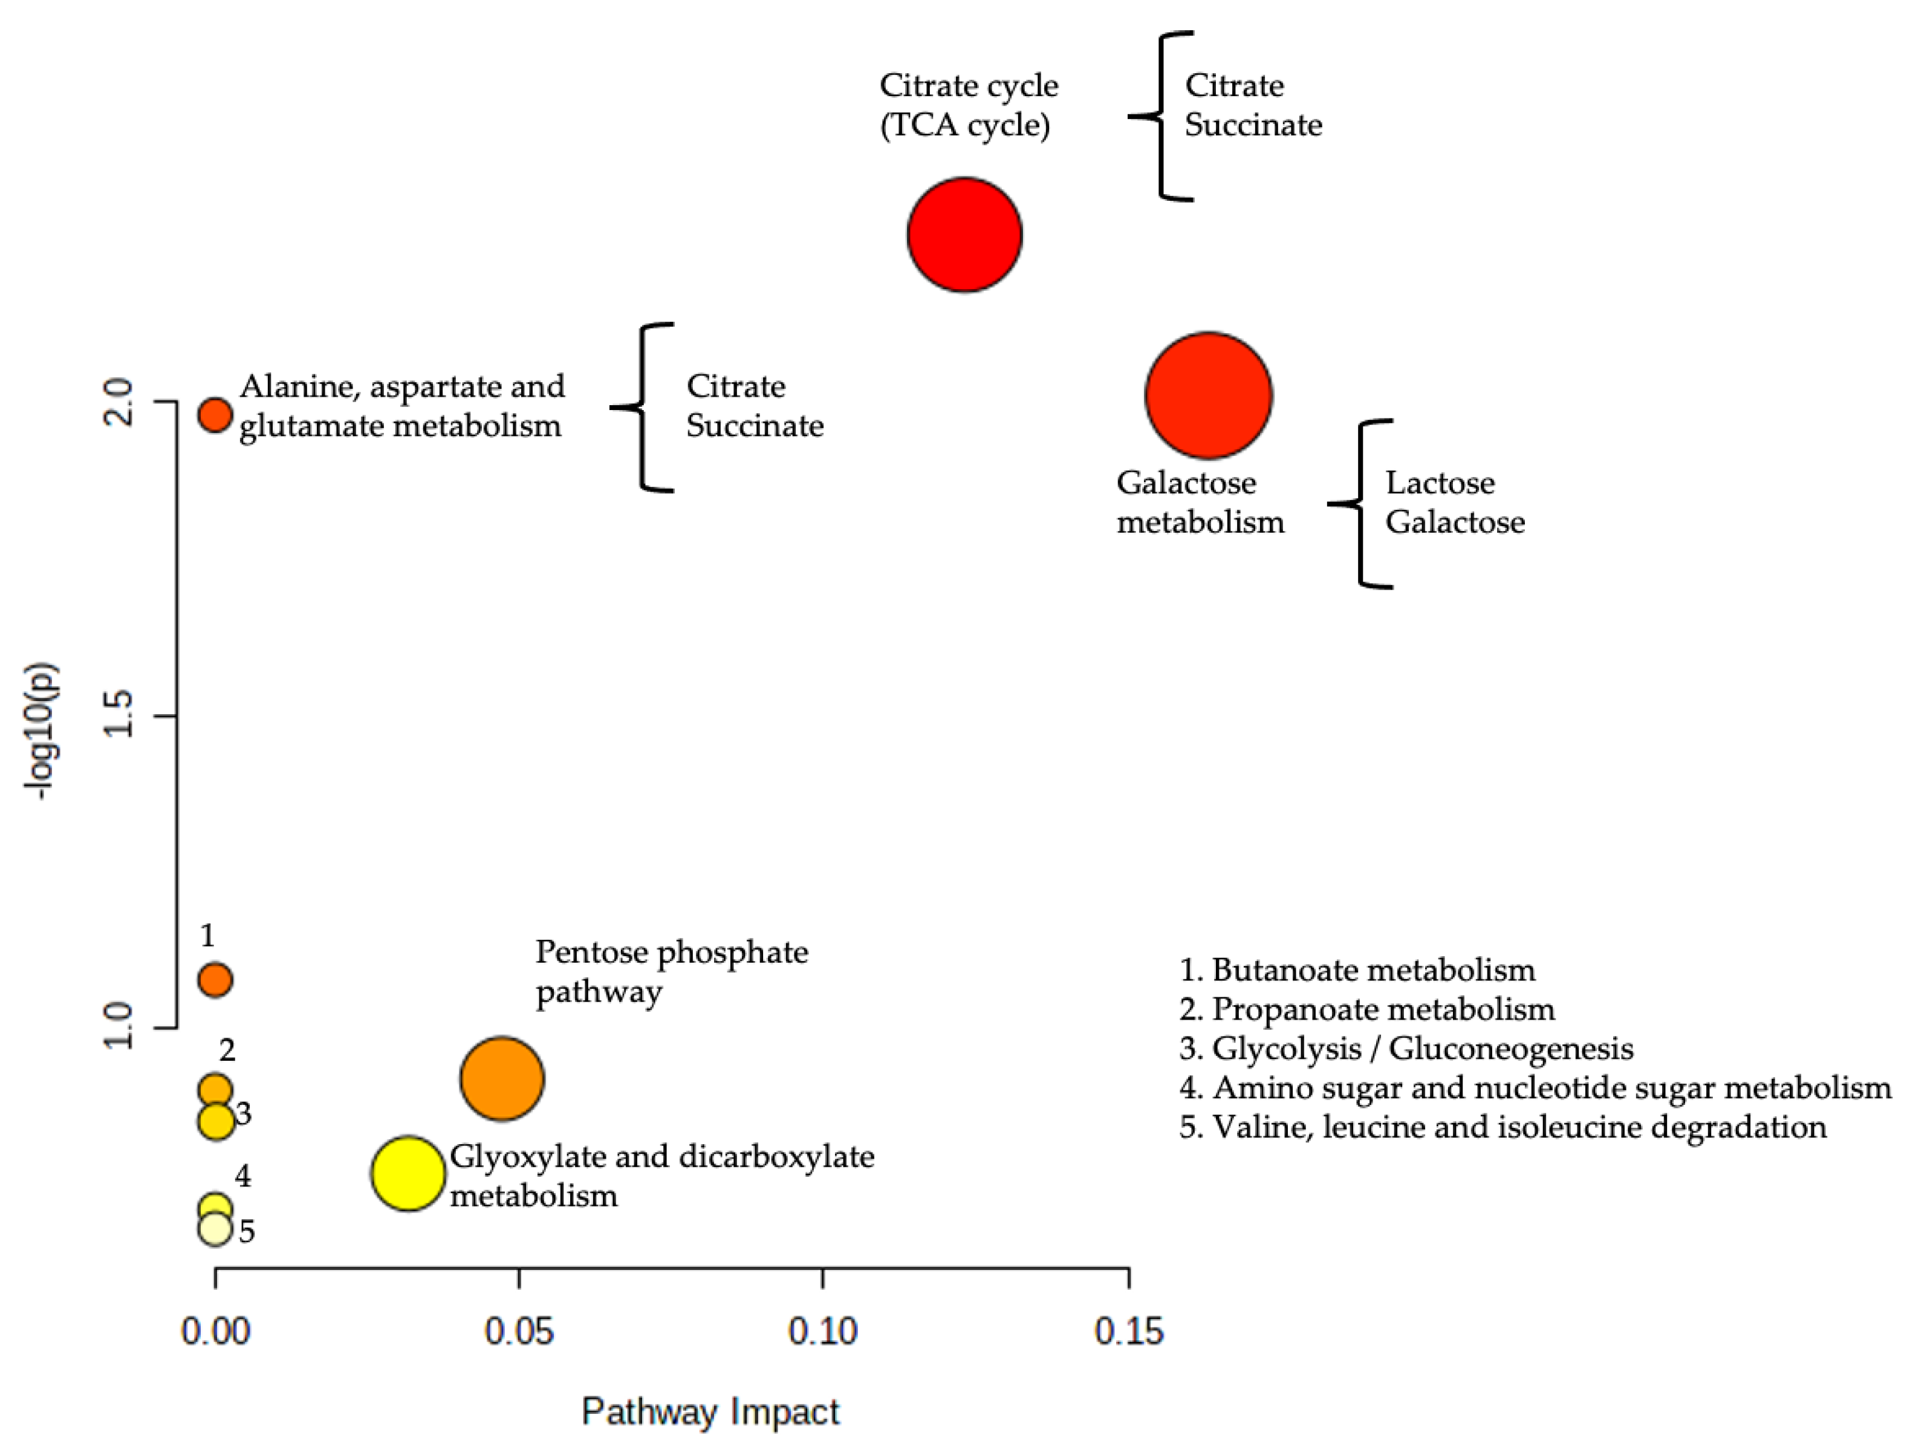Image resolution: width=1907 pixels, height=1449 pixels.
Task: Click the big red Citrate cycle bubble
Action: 965,235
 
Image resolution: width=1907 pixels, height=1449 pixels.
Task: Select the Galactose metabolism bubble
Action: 1208,395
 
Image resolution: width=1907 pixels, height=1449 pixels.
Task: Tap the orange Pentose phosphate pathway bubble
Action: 502,1078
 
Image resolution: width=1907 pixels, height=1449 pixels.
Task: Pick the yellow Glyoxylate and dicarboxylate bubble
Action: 408,1173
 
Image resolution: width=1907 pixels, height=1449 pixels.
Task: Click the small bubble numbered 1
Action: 215,980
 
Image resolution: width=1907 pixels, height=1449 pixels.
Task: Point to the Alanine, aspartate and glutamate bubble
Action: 215,415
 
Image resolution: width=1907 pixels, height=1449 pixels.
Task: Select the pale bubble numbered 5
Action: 215,1228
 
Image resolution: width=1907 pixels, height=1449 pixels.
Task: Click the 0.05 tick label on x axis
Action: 519,1332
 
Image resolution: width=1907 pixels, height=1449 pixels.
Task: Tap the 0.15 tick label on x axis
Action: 1128,1332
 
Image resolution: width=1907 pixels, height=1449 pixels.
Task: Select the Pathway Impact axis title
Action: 710,1413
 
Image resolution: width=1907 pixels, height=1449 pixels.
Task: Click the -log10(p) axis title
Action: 41,731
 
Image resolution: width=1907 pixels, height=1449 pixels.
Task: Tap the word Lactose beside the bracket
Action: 1440,483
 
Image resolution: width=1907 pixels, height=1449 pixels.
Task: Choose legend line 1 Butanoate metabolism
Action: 1357,969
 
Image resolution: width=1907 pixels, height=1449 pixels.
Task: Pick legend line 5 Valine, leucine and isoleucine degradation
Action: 1503,1127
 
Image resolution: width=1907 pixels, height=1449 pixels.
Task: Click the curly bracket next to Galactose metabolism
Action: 1360,504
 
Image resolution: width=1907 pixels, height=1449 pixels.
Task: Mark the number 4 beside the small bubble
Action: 243,1176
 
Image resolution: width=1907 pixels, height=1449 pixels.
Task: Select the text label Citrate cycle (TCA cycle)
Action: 968,105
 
